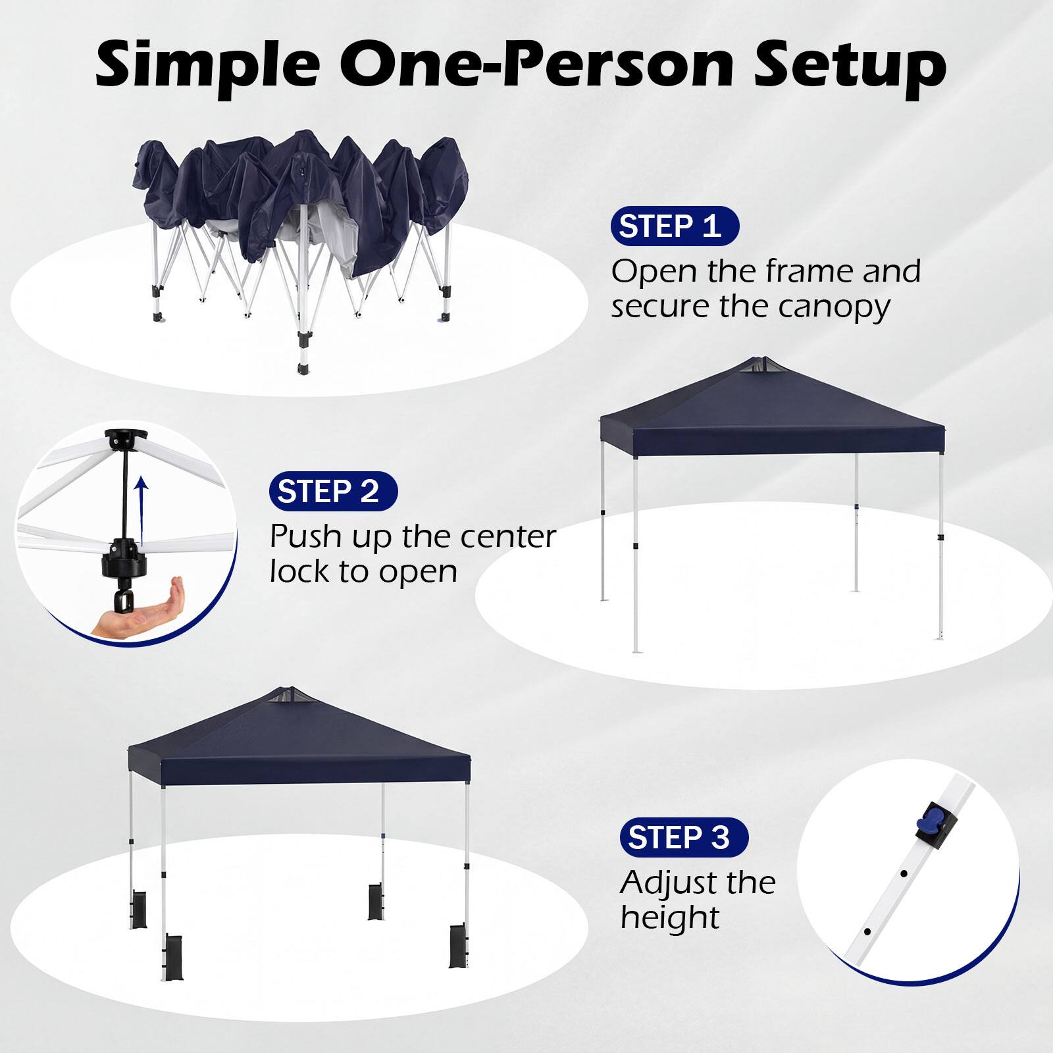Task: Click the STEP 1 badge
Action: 675,226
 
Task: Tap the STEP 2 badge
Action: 333,492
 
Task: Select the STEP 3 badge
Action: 684,837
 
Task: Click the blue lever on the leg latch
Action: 926,821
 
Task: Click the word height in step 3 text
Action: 670,916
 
